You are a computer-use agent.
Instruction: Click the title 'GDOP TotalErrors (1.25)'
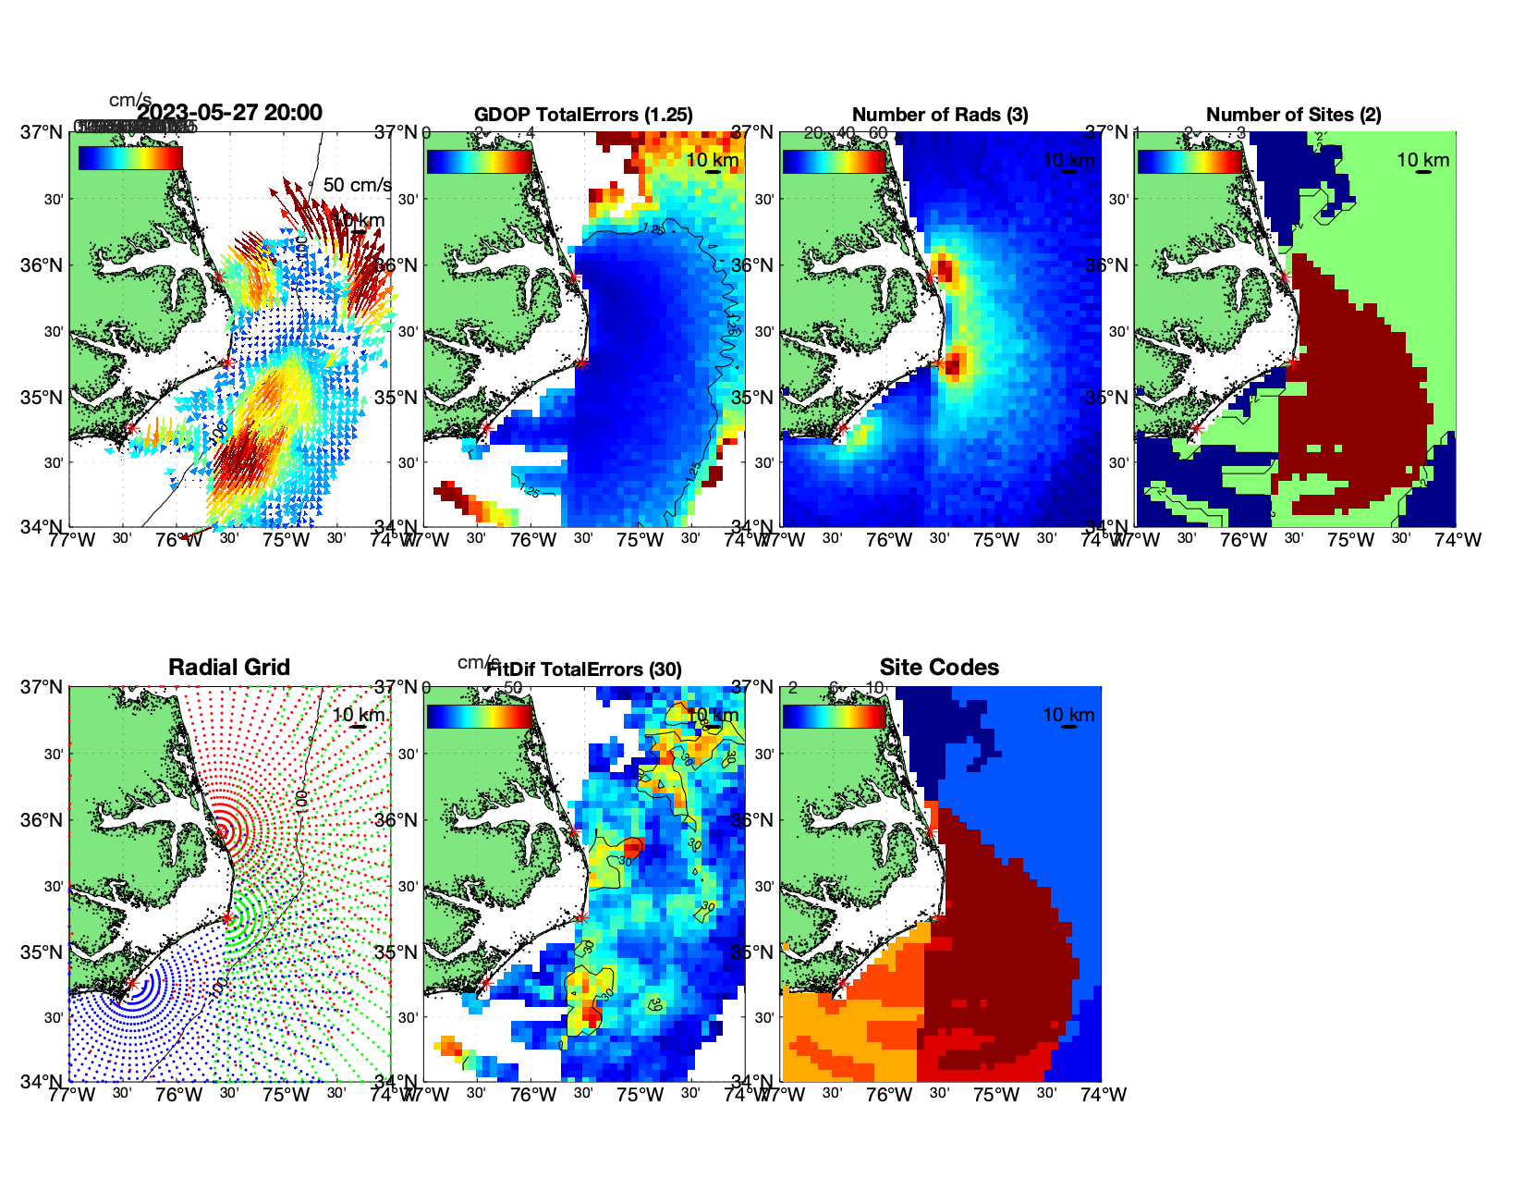[583, 115]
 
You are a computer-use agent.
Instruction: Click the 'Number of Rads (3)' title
[940, 115]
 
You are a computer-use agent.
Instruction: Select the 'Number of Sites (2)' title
[1293, 115]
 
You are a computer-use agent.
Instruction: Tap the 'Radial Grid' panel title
[229, 668]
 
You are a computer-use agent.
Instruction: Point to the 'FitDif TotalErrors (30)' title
[584, 669]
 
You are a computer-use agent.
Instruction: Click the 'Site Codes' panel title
[939, 668]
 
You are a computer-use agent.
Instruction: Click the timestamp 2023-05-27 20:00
[229, 113]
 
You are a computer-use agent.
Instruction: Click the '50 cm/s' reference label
[357, 185]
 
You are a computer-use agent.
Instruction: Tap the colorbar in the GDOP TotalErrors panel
[480, 160]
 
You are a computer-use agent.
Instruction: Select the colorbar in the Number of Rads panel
[835, 160]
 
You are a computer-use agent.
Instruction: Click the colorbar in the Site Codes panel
[835, 716]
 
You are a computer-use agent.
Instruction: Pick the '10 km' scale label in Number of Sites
[1422, 160]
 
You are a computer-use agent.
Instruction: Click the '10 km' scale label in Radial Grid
[358, 715]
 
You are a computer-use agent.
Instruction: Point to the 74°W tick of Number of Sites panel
[1458, 540]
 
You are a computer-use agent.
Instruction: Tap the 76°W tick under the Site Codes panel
[889, 1095]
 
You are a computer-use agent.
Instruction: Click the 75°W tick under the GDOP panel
[640, 540]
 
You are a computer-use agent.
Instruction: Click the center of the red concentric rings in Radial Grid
[223, 831]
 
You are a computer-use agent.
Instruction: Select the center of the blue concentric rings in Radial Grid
[132, 984]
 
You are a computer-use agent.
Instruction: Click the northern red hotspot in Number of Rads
[945, 272]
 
